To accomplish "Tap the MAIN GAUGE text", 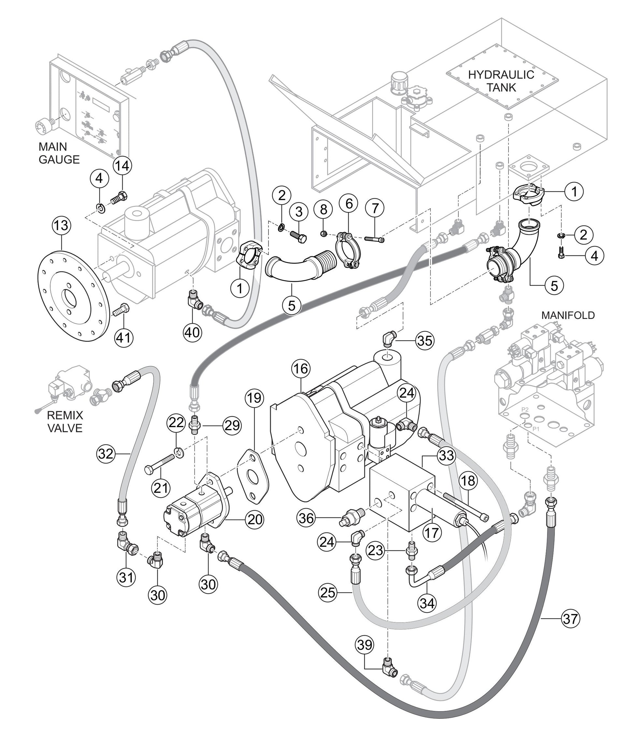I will [x=59, y=153].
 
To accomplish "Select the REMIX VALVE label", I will [x=65, y=421].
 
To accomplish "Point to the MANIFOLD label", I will [x=568, y=315].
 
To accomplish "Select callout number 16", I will [x=300, y=369].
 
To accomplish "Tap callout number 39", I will [x=365, y=645].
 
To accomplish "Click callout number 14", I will [x=122, y=166].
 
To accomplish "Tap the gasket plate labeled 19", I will [x=253, y=476].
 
